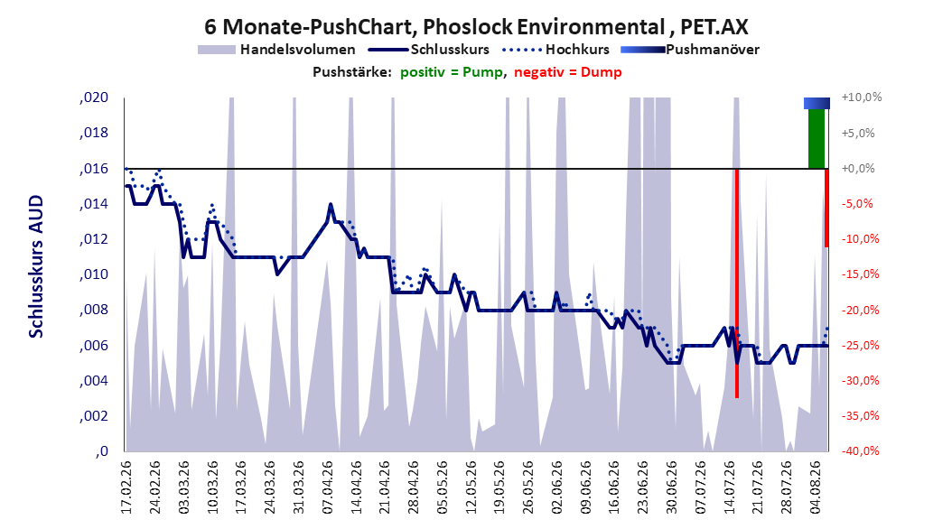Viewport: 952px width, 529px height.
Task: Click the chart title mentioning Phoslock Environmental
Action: pos(476,27)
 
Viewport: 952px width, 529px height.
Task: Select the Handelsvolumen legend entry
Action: pos(276,50)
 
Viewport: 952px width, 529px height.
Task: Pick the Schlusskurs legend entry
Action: pos(429,50)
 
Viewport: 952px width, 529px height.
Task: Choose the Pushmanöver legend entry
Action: pos(690,50)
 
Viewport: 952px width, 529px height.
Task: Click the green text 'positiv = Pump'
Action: pos(452,72)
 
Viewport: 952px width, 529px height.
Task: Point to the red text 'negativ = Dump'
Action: pos(568,72)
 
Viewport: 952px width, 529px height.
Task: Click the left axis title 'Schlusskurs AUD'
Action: pos(36,266)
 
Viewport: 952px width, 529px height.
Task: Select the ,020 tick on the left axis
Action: pos(94,97)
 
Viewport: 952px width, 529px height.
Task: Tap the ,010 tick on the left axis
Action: pos(94,274)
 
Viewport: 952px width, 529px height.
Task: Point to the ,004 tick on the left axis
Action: pos(94,380)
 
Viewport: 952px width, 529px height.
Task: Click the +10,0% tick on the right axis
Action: pos(862,97)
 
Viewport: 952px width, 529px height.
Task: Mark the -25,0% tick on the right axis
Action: pos(860,345)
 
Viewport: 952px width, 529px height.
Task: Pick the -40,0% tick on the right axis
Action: pos(860,450)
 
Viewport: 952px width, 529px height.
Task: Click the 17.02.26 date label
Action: pos(126,487)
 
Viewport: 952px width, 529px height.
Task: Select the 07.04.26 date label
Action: pos(328,487)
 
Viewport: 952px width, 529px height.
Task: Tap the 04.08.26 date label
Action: pos(817,487)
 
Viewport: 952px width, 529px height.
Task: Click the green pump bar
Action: pos(817,138)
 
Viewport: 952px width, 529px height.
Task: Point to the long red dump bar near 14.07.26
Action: pos(737,283)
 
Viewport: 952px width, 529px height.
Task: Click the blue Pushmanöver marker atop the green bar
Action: pos(817,103)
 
